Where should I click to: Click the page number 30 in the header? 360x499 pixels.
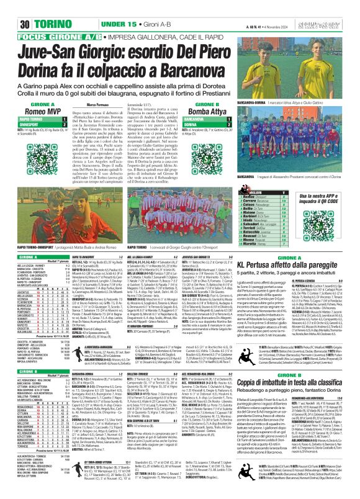click(x=9, y=8)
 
